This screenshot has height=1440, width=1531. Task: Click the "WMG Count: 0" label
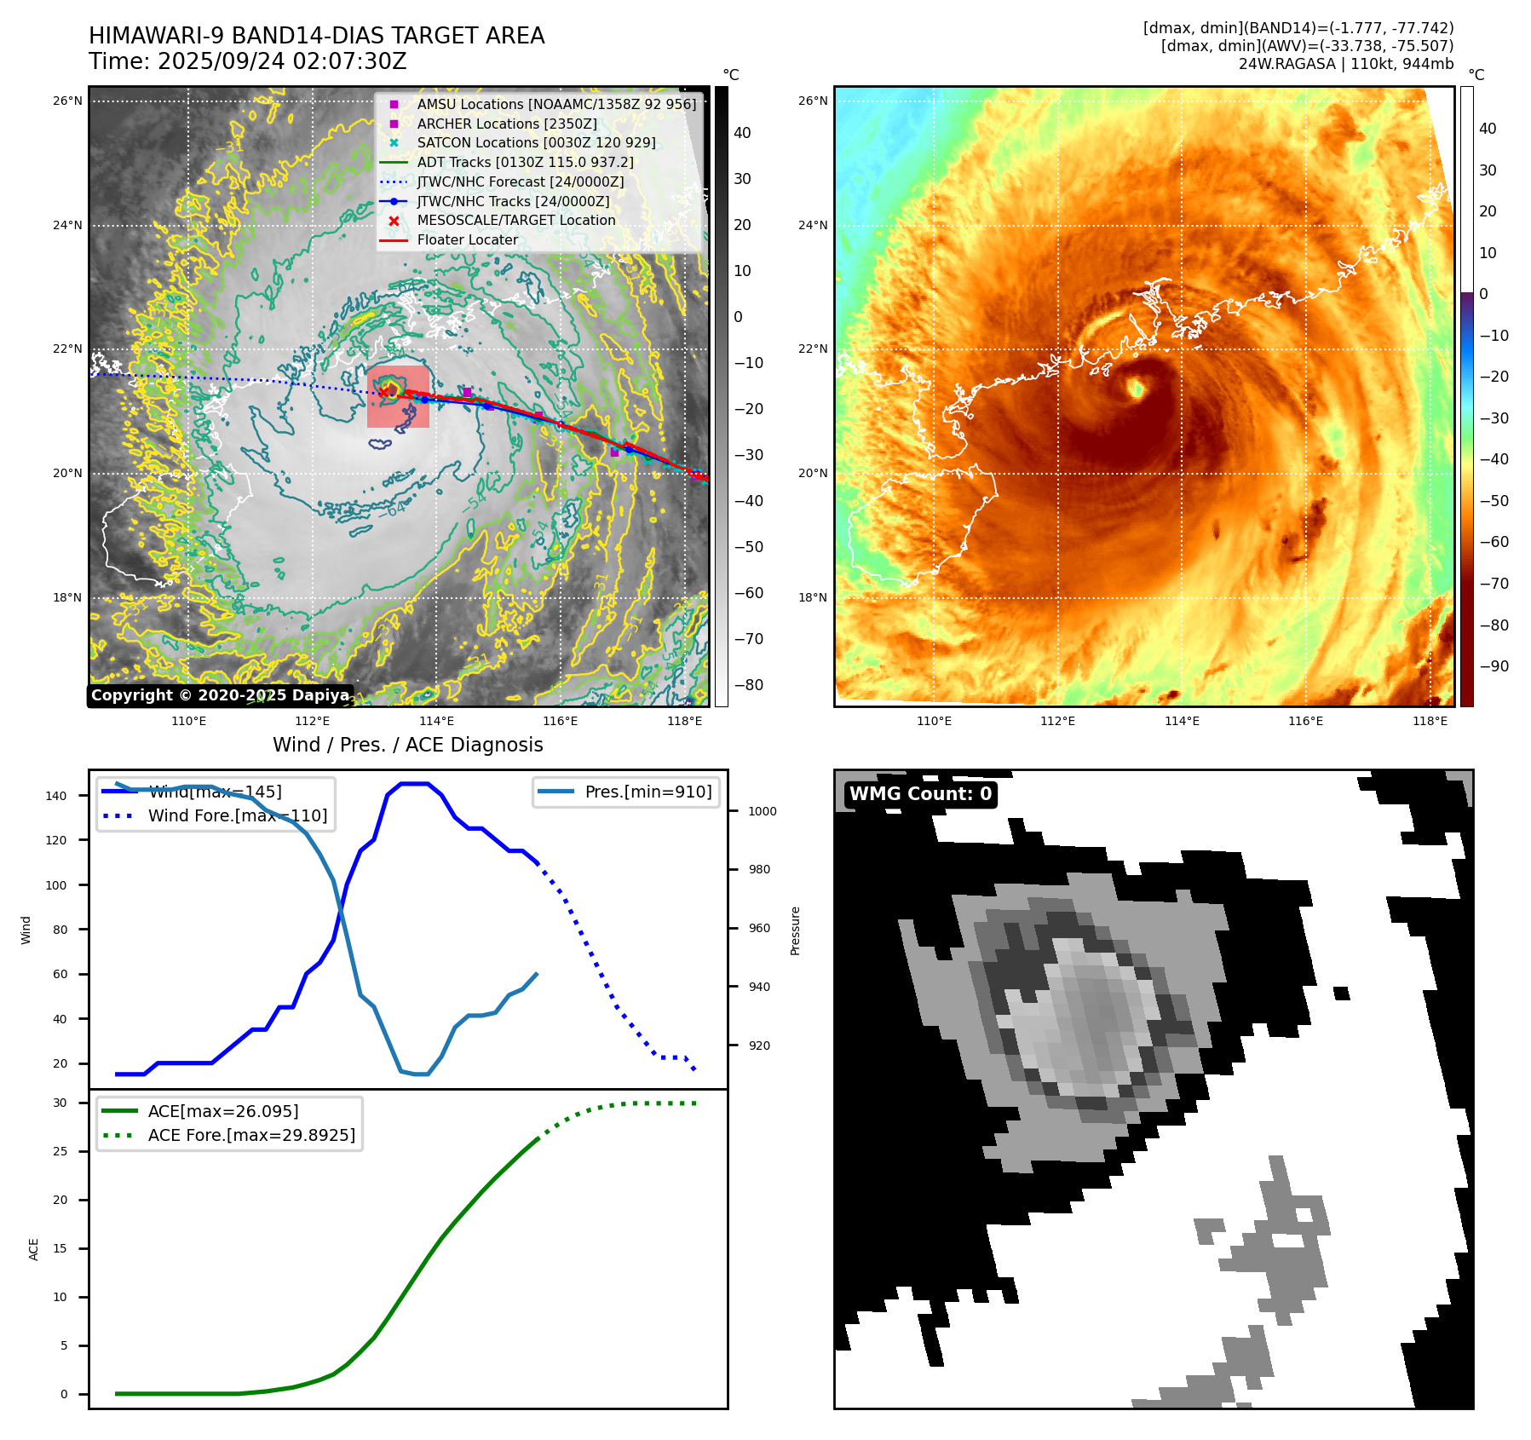click(920, 794)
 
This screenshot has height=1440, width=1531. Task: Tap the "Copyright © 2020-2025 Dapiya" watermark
click(220, 695)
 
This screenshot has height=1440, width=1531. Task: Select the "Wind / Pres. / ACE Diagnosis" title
click(407, 745)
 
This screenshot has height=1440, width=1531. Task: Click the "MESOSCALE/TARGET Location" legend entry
click(515, 220)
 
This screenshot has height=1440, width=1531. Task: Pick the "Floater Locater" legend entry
click(467, 239)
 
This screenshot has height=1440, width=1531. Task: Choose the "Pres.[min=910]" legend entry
click(648, 792)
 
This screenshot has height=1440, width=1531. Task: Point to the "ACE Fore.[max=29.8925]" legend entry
click(251, 1135)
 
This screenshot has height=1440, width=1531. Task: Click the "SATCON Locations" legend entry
click(536, 142)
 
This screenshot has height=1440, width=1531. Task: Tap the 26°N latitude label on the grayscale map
click(67, 101)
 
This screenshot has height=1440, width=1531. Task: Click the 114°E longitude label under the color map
click(1182, 721)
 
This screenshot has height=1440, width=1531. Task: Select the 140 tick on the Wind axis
click(56, 796)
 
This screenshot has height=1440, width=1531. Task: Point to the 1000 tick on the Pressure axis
click(762, 811)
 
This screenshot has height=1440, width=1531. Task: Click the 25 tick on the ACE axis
click(60, 1151)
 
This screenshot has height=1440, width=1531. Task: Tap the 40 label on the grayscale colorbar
click(742, 133)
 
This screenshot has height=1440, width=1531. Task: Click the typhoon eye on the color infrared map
click(1136, 389)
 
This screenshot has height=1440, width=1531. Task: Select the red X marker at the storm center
click(385, 391)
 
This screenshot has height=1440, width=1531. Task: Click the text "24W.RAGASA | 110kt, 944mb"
click(1345, 64)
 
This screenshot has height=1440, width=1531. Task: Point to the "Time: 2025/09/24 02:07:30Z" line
click(248, 61)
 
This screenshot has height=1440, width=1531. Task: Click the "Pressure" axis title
click(795, 930)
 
